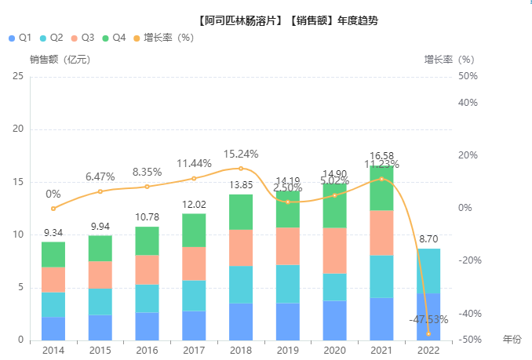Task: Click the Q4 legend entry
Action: (x=115, y=38)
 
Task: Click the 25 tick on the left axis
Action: (x=18, y=76)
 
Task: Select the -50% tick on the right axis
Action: (x=469, y=340)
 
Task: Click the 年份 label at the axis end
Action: (x=512, y=339)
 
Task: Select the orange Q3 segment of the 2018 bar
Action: (x=241, y=248)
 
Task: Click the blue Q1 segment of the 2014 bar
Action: (x=53, y=329)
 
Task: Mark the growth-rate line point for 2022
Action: (x=428, y=333)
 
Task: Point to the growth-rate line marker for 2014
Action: (x=53, y=209)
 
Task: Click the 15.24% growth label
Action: (x=241, y=154)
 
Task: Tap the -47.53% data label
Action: (x=428, y=319)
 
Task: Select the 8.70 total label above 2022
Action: (x=428, y=238)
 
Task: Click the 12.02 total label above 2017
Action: (x=194, y=204)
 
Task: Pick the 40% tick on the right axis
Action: (x=469, y=103)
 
